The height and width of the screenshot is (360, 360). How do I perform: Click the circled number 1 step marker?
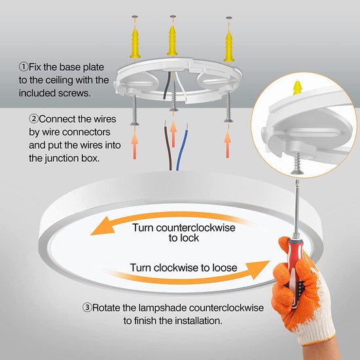(x=23, y=67)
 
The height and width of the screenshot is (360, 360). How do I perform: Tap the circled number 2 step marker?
(x=33, y=119)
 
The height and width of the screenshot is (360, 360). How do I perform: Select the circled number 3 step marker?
(x=87, y=308)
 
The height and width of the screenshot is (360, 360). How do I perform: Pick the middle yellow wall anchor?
(x=172, y=41)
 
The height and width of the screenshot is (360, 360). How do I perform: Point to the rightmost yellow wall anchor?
(x=229, y=47)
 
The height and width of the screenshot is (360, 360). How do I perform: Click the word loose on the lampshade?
(x=225, y=268)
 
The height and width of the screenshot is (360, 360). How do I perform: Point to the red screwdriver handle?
(x=293, y=269)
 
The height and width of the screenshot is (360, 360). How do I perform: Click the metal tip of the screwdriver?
(x=298, y=183)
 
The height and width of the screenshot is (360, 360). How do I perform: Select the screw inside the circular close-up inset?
(x=297, y=163)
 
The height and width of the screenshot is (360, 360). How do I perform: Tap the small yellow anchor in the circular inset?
(x=297, y=88)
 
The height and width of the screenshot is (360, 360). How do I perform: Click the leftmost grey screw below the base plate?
(x=135, y=111)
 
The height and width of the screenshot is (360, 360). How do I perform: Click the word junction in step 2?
(x=66, y=158)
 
